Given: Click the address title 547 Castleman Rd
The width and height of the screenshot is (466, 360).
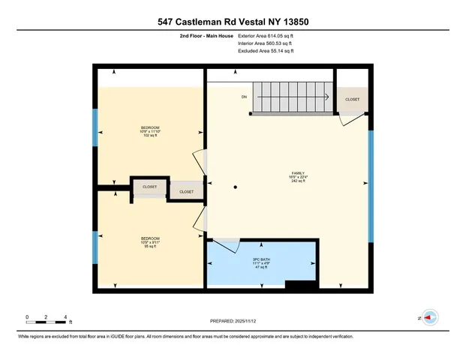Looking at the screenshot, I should coord(233,22).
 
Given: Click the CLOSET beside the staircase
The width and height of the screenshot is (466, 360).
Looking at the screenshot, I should coord(352,99).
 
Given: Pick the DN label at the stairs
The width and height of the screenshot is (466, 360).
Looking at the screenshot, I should coord(244,97).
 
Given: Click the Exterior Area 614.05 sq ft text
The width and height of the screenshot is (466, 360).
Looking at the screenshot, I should coord(266,35).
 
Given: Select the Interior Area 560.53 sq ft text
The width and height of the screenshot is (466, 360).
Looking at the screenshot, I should coord(266,43).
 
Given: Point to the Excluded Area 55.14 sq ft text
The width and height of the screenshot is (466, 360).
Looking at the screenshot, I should coord(266,51).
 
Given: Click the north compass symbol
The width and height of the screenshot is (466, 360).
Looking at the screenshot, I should coord(430,317).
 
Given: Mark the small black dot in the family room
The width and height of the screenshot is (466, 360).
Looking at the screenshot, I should coord(235,187).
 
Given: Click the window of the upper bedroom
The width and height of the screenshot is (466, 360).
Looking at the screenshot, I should coord(95,127).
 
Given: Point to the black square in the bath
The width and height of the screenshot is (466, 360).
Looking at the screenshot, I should coord(302,285).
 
